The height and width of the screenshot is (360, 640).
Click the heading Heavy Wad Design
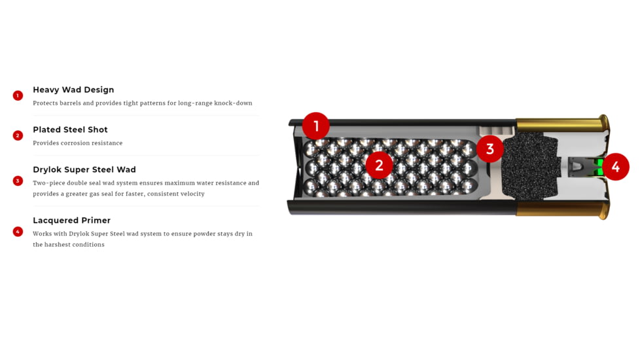[x=73, y=90]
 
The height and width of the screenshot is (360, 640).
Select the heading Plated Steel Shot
[x=70, y=130]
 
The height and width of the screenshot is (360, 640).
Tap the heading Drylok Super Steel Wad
[x=84, y=170]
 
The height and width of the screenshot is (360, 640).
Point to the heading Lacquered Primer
[x=71, y=221]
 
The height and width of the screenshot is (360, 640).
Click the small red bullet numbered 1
[x=18, y=96]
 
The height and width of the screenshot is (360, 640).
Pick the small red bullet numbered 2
[x=18, y=135]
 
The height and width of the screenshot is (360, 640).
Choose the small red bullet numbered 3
[x=18, y=181]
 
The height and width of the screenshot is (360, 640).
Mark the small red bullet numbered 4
[x=18, y=232]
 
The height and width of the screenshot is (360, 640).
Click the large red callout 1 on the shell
[x=316, y=126]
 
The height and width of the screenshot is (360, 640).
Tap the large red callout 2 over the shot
[x=379, y=166]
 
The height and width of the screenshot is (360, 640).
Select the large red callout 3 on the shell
[x=490, y=149]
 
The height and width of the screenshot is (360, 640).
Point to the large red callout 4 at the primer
[x=616, y=166]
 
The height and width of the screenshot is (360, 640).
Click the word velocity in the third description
[x=192, y=194]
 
